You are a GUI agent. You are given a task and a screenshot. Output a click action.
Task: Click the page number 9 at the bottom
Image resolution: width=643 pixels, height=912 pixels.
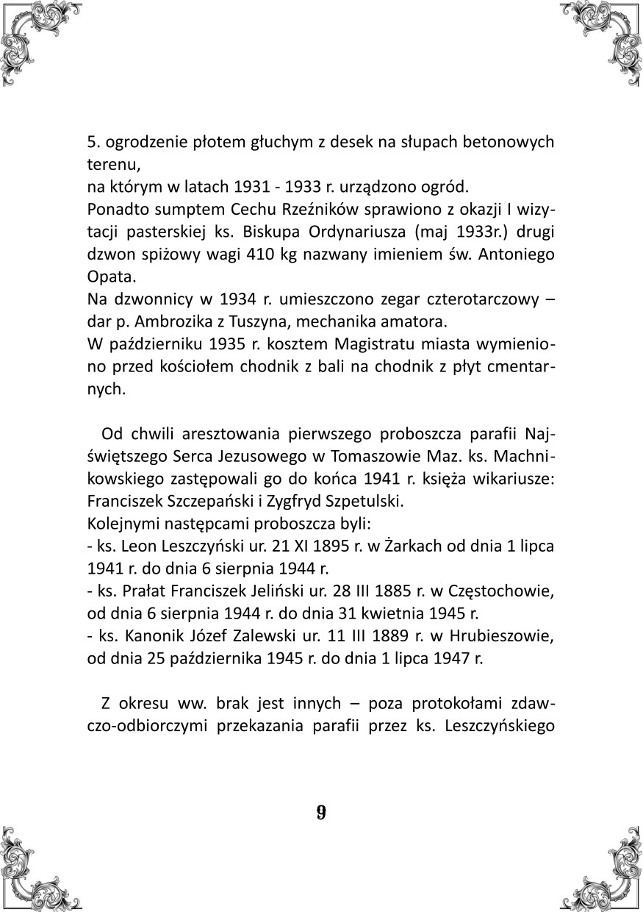pos(321,813)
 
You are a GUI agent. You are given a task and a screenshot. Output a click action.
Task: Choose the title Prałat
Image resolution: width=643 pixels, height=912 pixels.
pos(146,591)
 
